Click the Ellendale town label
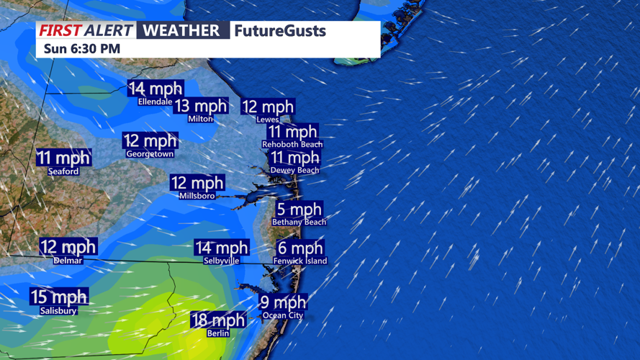point(155,102)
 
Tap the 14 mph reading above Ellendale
point(155,89)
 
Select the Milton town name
point(200,119)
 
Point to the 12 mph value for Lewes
point(267,107)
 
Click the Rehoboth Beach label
point(292,145)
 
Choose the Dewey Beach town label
point(294,171)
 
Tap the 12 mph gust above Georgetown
point(150,140)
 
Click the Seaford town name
point(63,171)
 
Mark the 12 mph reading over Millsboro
point(197,183)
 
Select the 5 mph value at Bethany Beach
point(299,210)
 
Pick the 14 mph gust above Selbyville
point(221,248)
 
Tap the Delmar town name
point(68,261)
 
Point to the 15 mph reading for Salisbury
point(58,297)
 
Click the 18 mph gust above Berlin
point(218,320)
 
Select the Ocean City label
point(283,315)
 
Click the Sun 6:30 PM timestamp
point(81,49)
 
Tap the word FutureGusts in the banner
point(279,31)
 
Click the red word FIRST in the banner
point(59,30)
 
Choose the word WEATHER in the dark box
point(181,30)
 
